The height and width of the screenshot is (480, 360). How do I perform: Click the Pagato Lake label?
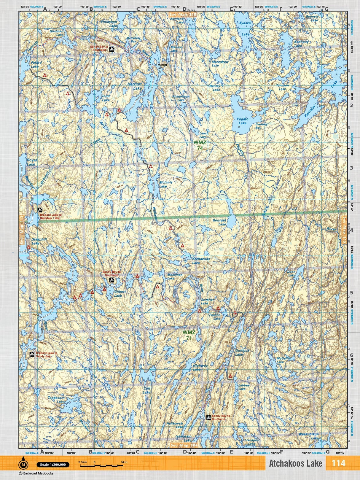[x=242, y=121]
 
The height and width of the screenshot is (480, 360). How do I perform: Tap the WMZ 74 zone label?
[x=200, y=145]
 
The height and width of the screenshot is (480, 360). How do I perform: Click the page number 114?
[x=339, y=463]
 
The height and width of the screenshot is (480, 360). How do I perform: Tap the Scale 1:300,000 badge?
[x=53, y=465]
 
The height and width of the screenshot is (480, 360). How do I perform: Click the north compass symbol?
[x=23, y=465]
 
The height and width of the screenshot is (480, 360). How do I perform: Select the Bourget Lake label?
[x=228, y=222]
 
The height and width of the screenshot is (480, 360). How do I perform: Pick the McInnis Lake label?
[x=165, y=184]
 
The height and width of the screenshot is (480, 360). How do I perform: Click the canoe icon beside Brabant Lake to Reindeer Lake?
[x=40, y=210]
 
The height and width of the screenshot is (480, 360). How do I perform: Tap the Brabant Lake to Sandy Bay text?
[x=47, y=355]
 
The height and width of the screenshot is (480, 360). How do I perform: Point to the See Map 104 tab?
[x=184, y=445]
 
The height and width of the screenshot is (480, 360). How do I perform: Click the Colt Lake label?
[x=147, y=390]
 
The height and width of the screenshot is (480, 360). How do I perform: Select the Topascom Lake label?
[x=56, y=400]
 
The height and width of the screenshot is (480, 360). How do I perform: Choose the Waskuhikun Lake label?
[x=309, y=436]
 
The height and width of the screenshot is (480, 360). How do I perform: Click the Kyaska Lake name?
[x=245, y=28]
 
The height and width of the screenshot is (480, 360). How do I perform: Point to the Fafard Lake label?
[x=36, y=64]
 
